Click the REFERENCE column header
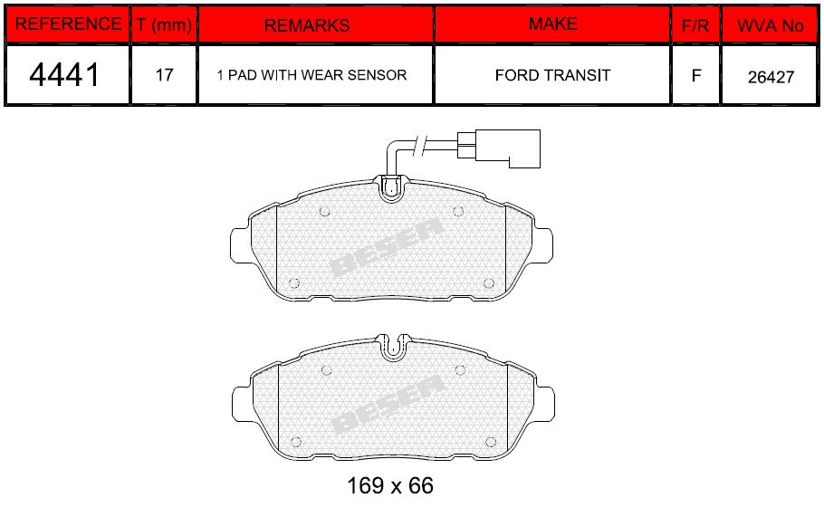click(x=68, y=24)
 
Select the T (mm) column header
click(x=164, y=24)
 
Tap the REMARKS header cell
click(x=307, y=25)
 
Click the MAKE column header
click(x=553, y=24)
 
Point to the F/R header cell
click(x=695, y=25)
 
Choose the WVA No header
click(x=771, y=25)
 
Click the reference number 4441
click(x=64, y=74)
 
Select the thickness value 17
click(x=164, y=75)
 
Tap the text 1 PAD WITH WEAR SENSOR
click(x=311, y=75)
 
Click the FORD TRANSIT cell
click(x=553, y=76)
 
